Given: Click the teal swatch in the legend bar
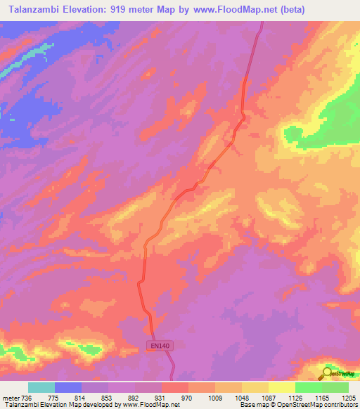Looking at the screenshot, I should click(41, 387).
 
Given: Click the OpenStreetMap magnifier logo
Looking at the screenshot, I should click(327, 372).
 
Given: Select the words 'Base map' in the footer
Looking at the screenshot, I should click(251, 405).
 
